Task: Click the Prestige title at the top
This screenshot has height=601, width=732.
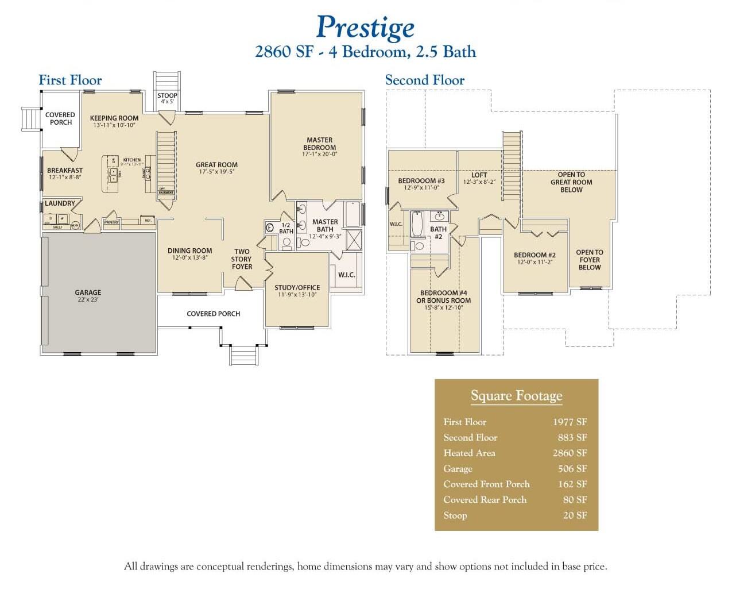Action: click(365, 27)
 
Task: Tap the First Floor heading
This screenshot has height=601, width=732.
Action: click(70, 80)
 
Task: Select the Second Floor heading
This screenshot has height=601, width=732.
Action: click(424, 80)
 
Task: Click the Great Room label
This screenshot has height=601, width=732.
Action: click(216, 167)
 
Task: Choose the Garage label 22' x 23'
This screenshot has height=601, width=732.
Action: click(88, 295)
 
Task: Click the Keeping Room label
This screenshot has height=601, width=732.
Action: click(114, 121)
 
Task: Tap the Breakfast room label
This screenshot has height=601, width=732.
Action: click(64, 174)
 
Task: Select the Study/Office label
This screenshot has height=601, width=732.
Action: click(297, 291)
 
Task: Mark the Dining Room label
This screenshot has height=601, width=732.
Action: click(189, 254)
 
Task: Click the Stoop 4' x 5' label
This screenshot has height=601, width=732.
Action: click(167, 98)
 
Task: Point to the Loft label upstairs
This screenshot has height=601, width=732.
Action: click(479, 178)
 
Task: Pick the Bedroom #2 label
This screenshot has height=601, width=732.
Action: click(535, 258)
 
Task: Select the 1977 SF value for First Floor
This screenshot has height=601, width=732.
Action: click(570, 422)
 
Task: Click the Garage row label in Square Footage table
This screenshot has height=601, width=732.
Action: click(458, 469)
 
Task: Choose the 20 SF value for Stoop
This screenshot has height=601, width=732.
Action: click(575, 515)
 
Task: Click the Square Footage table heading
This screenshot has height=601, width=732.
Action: click(516, 395)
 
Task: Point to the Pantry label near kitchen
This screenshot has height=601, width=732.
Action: click(111, 222)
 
